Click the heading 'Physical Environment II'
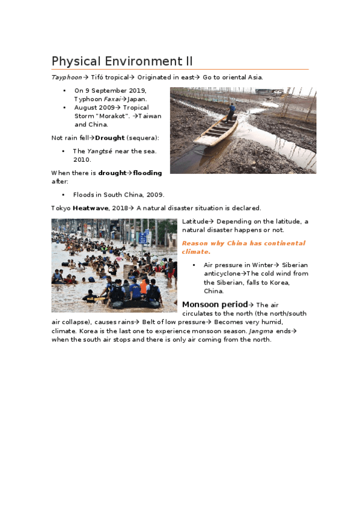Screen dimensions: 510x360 click(122, 61)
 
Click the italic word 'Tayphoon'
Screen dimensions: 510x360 click(66, 78)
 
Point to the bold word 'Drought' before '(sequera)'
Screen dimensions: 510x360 click(109, 138)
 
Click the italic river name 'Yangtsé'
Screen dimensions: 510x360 click(99, 151)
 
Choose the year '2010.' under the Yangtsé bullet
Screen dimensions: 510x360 click(82, 159)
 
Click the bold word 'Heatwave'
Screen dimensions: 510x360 click(91, 208)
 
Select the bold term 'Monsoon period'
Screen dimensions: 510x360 click(215, 304)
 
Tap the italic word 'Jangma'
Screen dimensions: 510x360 click(261, 331)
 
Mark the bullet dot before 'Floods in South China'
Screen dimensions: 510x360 click(63, 195)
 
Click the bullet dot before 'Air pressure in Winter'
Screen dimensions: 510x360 click(194, 265)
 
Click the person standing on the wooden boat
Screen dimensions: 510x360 click(231, 112)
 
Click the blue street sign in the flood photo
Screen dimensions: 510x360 click(142, 238)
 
